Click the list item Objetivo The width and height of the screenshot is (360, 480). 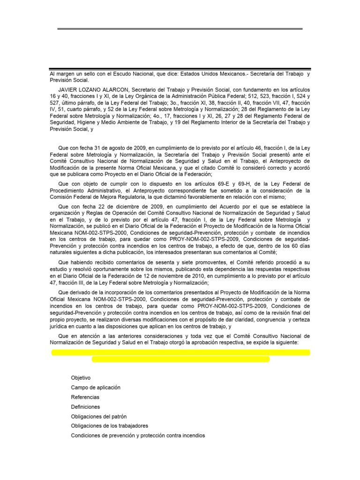pyautogui.click(x=81, y=377)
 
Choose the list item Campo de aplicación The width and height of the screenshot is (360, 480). pyautogui.click(x=96, y=387)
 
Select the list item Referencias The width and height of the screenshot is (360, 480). pyautogui.click(x=85, y=397)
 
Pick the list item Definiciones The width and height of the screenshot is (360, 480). pyautogui.click(x=85, y=407)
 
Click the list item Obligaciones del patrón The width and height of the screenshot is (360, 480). pyautogui.click(x=98, y=416)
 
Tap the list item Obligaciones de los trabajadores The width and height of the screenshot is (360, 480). pyautogui.click(x=109, y=426)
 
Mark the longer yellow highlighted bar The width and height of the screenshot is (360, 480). pyautogui.click(x=180, y=352)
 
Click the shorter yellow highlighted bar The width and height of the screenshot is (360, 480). pyautogui.click(x=180, y=359)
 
